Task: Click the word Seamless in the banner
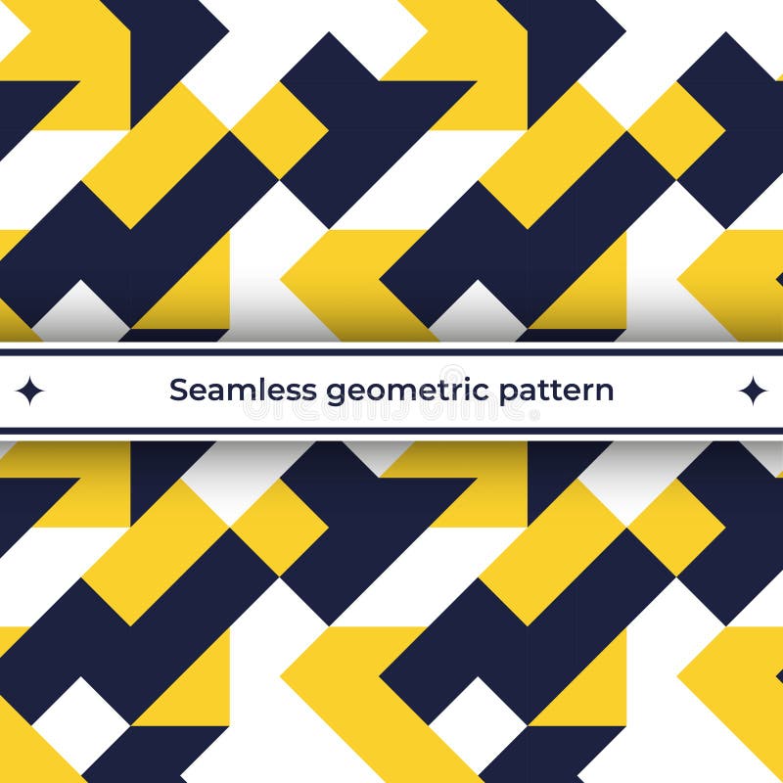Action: (x=243, y=390)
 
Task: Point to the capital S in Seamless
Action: (x=178, y=390)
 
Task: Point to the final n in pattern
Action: (x=605, y=391)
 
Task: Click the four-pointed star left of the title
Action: (x=29, y=391)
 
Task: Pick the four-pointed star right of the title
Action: (x=753, y=391)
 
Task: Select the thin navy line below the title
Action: (x=391, y=430)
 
